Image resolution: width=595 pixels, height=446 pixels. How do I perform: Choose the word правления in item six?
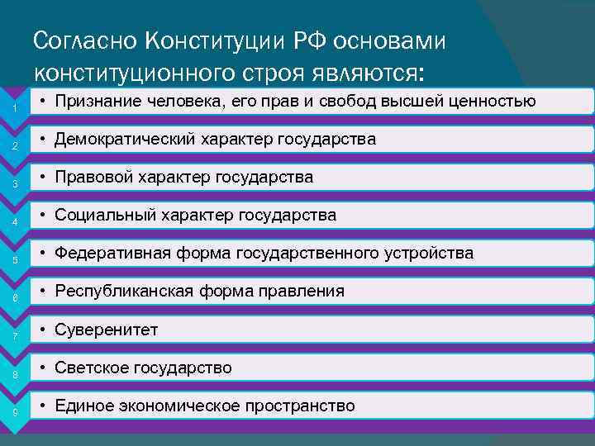304,292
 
